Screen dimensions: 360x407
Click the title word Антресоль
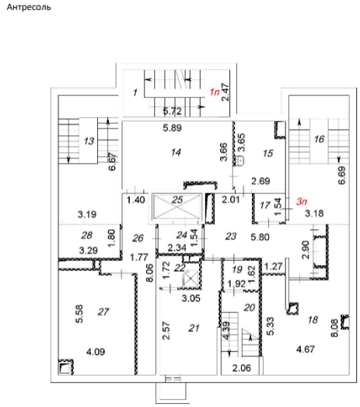(x=29, y=7)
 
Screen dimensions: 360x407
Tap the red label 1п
(x=215, y=92)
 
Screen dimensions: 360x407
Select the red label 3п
(x=302, y=201)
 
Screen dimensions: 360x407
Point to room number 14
(x=176, y=152)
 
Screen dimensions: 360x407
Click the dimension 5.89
(x=173, y=128)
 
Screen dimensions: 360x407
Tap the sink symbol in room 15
(x=239, y=161)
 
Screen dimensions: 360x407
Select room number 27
(x=103, y=311)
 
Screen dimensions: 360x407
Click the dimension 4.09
(x=96, y=352)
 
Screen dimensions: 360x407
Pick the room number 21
(x=194, y=329)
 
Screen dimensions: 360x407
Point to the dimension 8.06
(x=150, y=273)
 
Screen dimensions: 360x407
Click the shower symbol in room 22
(x=190, y=279)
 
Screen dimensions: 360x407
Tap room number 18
(x=313, y=320)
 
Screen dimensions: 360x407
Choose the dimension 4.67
(x=306, y=350)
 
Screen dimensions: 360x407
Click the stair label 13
(x=89, y=141)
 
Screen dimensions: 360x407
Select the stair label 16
(x=320, y=139)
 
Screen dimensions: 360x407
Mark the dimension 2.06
(x=242, y=368)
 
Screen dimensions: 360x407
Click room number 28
(x=86, y=235)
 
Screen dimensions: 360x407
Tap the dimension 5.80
(x=260, y=237)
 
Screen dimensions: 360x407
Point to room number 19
(x=237, y=270)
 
